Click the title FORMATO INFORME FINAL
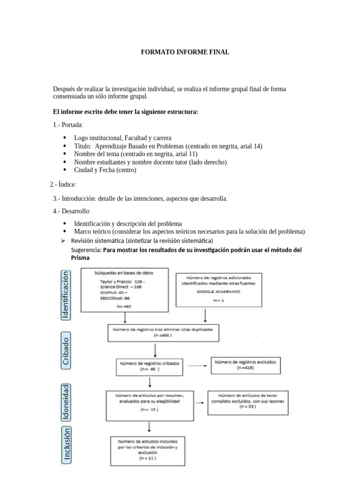[185, 52]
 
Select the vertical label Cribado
[66, 349]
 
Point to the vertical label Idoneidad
[66, 402]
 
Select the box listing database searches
[124, 290]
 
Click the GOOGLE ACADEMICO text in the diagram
[217, 291]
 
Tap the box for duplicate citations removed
[163, 333]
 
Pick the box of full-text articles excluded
[247, 402]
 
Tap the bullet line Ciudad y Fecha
[105, 170]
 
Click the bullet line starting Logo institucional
[123, 138]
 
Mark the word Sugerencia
[86, 250]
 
